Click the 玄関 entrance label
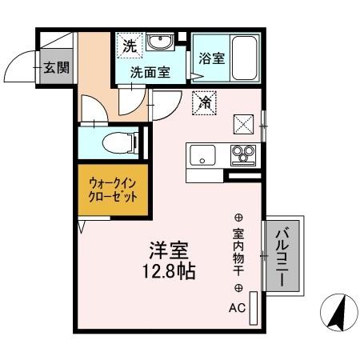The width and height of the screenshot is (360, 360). click(56, 67)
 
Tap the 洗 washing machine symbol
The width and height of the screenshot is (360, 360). click(130, 46)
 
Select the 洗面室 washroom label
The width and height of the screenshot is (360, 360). click(150, 71)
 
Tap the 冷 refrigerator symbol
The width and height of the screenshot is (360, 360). click(205, 102)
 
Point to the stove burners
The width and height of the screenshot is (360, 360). click(242, 153)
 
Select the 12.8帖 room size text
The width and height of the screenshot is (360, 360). click(171, 270)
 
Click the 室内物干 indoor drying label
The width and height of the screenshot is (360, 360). click(238, 253)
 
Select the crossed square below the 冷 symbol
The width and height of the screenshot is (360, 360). click(242, 123)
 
